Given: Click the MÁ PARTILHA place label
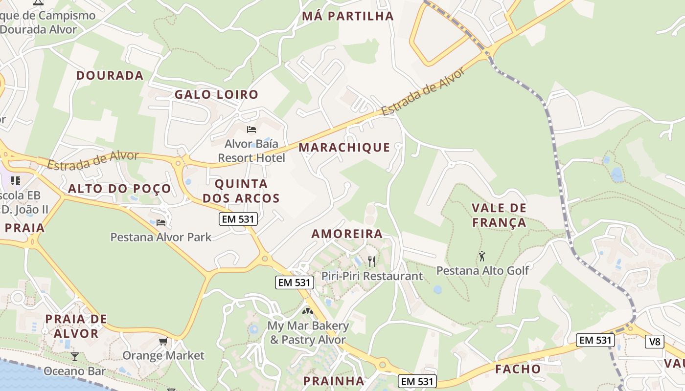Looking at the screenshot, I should pos(348,16).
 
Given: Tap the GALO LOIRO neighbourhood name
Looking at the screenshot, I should pos(216,94).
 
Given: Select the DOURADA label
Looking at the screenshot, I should pos(110,75).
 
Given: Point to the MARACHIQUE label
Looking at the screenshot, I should pos(344,147).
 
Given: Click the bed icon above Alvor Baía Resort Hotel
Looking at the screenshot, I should pos(251,130).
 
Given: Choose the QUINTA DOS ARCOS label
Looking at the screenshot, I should pos(241,191).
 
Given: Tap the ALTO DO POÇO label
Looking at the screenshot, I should pos(120,189).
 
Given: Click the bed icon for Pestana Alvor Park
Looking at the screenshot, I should pos(161,223).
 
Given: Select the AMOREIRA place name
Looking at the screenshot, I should pos(347,234).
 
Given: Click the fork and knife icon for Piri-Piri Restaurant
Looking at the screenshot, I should pos(372,261).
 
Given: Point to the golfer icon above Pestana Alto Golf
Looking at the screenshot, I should pos(482,256).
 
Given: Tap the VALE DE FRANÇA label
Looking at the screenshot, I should pos(499,216).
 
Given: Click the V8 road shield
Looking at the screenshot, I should pos(655,342).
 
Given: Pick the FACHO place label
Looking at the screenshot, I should pos(518,369).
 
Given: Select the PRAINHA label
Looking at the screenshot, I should pos(334,381).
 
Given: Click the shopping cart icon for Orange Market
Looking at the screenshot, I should pos(163,341).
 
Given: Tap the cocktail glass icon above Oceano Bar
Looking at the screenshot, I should pos(74,357).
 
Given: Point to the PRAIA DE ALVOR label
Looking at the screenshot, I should pos(76,326).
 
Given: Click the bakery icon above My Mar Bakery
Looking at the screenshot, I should pos(307,311).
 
